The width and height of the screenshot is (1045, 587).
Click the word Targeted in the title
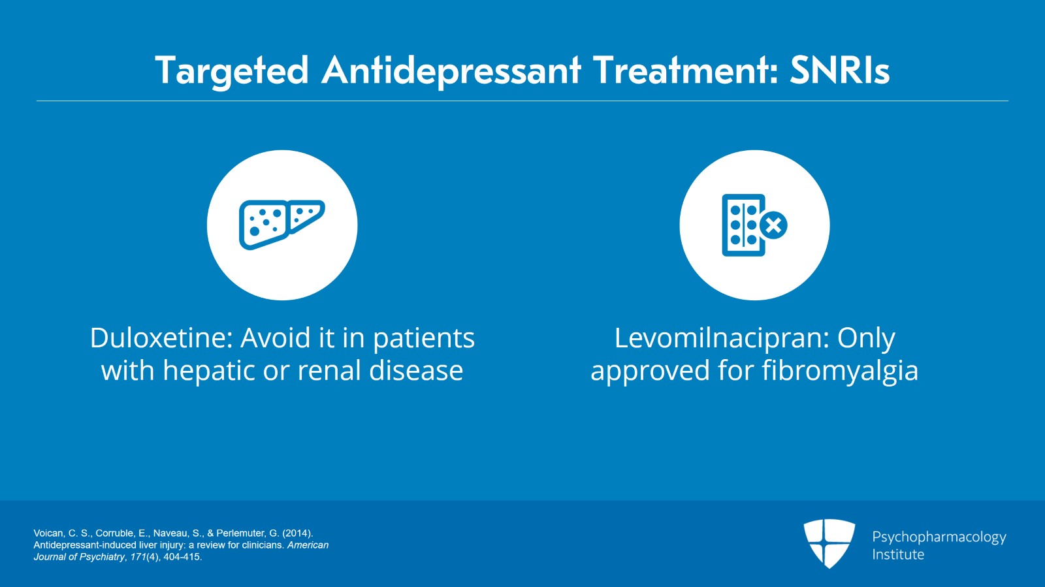coord(231,71)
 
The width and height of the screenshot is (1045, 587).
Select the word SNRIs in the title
coord(839,70)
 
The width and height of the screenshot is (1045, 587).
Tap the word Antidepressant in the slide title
coord(451,71)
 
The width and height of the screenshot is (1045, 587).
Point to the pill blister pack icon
coord(744,225)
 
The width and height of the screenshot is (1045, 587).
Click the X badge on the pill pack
coord(774,226)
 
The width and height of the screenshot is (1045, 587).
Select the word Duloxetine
coord(161,338)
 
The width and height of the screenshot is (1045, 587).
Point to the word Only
coord(866,338)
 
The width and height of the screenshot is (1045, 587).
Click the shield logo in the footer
coord(829,543)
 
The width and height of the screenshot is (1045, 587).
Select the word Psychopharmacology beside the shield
coord(939,537)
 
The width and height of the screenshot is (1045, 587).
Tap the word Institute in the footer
coord(898,554)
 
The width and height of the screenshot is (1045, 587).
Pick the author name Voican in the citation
coord(49,533)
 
